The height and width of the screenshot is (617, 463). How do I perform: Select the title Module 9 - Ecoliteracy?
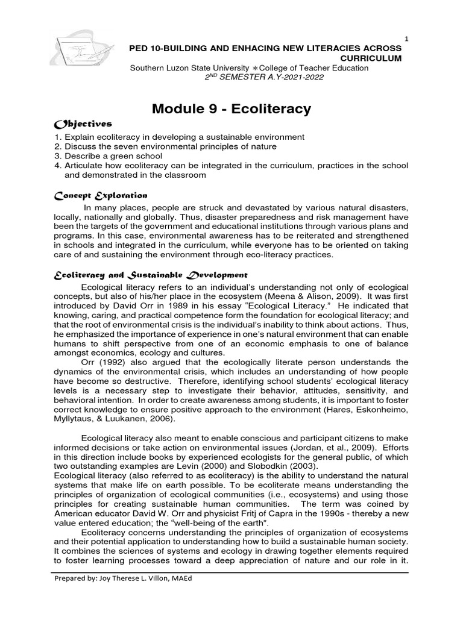point(231,109)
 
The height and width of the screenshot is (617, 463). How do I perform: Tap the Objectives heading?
point(83,124)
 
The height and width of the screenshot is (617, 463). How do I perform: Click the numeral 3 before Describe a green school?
point(57,156)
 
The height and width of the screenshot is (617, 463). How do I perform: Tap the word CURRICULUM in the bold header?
point(371,58)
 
